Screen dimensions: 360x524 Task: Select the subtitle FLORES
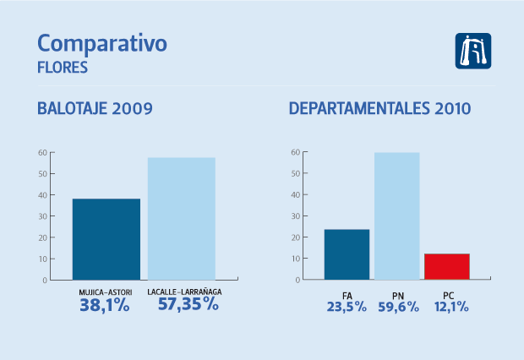(63, 68)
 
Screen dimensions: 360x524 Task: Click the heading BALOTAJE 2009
(95, 109)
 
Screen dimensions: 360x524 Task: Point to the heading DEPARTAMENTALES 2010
(379, 109)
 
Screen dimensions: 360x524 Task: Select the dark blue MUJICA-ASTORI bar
(106, 239)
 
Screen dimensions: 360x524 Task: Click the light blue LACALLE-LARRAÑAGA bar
(182, 218)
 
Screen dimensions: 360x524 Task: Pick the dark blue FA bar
(347, 254)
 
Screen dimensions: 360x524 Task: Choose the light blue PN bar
(396, 215)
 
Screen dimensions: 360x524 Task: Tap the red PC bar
(446, 266)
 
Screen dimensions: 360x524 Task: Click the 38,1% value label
(105, 306)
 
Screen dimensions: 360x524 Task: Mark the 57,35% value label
(188, 305)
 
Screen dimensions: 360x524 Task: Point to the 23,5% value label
(347, 307)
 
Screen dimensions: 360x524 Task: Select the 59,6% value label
(396, 307)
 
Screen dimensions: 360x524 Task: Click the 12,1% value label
(447, 307)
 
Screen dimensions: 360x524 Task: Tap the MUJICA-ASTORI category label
(105, 292)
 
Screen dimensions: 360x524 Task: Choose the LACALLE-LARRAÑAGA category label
(184, 292)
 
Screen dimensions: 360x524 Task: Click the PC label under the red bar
(447, 293)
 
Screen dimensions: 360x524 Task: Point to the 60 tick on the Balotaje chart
(41, 152)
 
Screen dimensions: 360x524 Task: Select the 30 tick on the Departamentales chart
(295, 215)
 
